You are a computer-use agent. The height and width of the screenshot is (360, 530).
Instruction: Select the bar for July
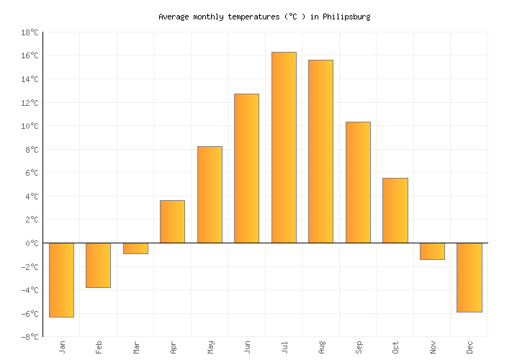pyautogui.click(x=284, y=148)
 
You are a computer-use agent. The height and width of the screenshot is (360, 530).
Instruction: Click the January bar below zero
pyautogui.click(x=61, y=279)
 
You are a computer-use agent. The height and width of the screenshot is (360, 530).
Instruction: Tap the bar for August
pyautogui.click(x=320, y=151)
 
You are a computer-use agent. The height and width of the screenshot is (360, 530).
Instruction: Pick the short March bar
pyautogui.click(x=135, y=248)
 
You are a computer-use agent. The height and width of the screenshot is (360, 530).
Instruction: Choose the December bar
pyautogui.click(x=469, y=277)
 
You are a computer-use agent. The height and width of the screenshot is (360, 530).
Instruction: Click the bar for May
pyautogui.click(x=210, y=194)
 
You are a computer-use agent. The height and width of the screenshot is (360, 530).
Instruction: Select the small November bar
pyautogui.click(x=432, y=251)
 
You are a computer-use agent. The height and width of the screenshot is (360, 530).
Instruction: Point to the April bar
pyautogui.click(x=172, y=222)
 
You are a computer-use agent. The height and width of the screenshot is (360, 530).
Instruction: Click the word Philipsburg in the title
pyautogui.click(x=348, y=17)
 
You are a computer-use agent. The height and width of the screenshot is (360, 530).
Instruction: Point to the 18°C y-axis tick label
pyautogui.click(x=30, y=32)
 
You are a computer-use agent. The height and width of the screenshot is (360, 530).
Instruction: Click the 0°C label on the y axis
pyautogui.click(x=32, y=243)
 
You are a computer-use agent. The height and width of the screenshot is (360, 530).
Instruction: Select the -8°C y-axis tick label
pyautogui.click(x=30, y=337)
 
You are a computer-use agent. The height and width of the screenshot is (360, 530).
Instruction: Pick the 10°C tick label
pyautogui.click(x=30, y=126)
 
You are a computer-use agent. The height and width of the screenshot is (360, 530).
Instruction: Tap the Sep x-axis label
pyautogui.click(x=359, y=347)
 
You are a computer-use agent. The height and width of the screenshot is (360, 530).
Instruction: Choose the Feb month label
pyautogui.click(x=99, y=347)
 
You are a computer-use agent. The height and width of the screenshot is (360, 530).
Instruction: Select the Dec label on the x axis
pyautogui.click(x=470, y=347)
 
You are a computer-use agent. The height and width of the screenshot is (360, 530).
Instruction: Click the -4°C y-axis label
pyautogui.click(x=30, y=290)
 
